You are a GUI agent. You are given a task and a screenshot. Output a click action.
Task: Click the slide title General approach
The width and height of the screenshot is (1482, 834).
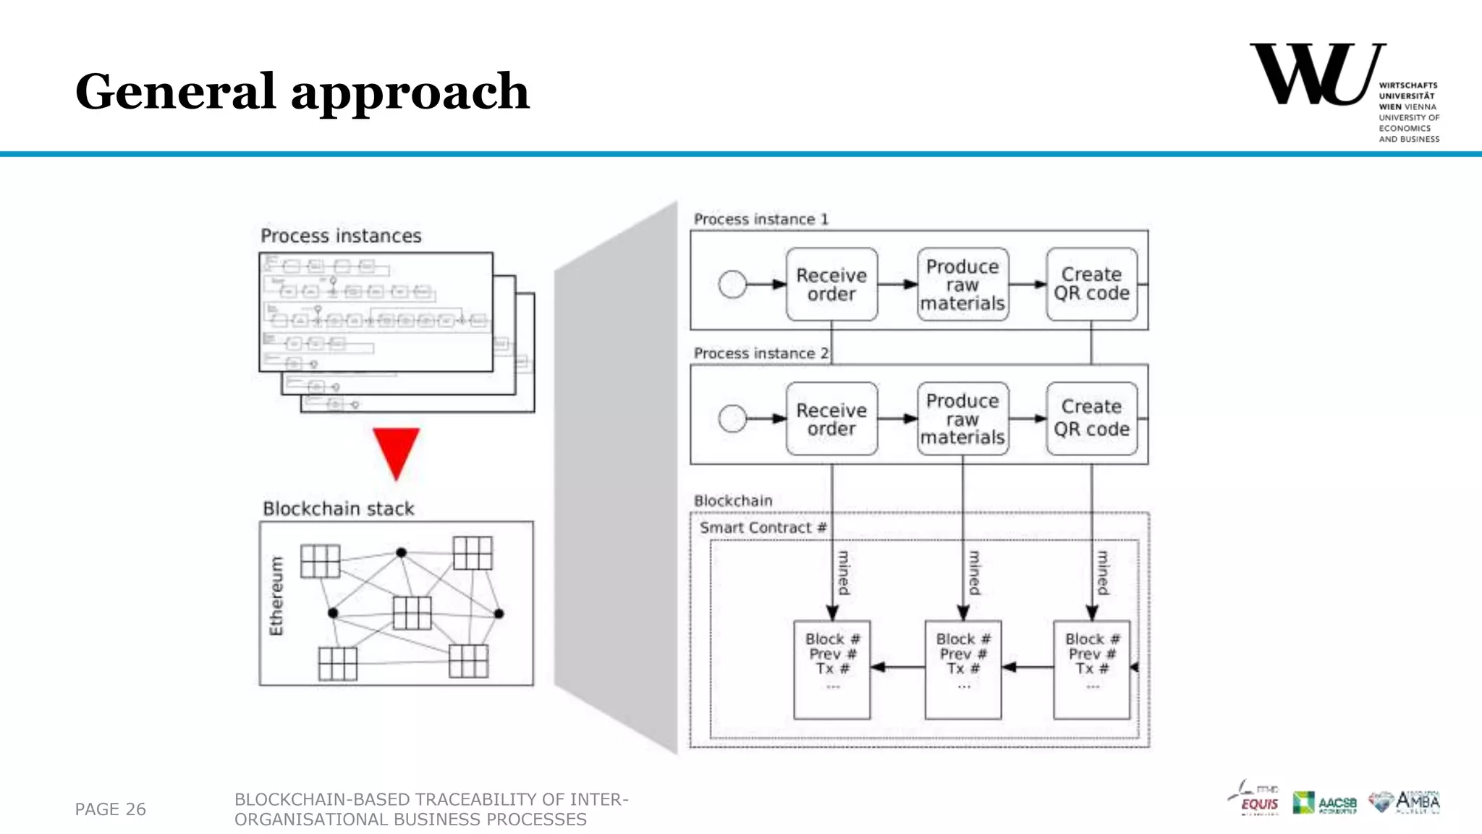pyautogui.click(x=302, y=92)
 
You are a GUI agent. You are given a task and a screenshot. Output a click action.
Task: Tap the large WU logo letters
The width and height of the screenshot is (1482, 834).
pyautogui.click(x=1316, y=75)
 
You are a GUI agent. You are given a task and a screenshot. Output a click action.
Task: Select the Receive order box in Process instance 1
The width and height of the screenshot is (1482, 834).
pyautogui.click(x=831, y=285)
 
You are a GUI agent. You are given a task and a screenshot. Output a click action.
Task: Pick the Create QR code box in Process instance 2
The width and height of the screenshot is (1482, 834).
pyautogui.click(x=1091, y=418)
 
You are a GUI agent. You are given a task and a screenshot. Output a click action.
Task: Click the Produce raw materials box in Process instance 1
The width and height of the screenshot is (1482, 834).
pyautogui.click(x=962, y=285)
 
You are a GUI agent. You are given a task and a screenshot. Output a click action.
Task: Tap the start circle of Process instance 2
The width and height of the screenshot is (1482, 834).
pyautogui.click(x=732, y=418)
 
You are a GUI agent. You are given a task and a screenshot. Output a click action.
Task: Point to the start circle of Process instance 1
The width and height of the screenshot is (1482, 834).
pyautogui.click(x=732, y=285)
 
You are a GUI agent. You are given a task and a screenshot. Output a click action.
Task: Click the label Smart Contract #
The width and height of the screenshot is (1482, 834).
pyautogui.click(x=763, y=528)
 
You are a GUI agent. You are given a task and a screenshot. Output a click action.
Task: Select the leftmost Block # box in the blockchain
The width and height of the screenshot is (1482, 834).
pyautogui.click(x=831, y=669)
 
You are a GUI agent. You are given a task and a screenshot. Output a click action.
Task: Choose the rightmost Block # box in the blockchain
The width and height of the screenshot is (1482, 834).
pyautogui.click(x=1091, y=669)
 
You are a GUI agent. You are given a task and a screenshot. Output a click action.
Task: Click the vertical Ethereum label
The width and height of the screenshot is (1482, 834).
pyautogui.click(x=276, y=596)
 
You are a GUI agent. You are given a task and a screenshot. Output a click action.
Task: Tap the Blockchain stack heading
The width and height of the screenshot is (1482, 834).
pyautogui.click(x=338, y=509)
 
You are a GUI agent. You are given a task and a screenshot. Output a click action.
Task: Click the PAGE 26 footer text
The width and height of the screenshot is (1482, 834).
pyautogui.click(x=110, y=809)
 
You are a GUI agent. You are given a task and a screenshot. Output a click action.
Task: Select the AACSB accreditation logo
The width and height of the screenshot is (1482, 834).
pyautogui.click(x=1324, y=803)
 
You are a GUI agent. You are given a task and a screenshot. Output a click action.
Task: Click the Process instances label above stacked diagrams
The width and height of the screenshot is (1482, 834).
pyautogui.click(x=341, y=236)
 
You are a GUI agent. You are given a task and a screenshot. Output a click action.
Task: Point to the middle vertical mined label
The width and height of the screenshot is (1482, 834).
pyautogui.click(x=975, y=573)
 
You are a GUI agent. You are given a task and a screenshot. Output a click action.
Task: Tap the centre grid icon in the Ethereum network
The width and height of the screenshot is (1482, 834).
pyautogui.click(x=412, y=613)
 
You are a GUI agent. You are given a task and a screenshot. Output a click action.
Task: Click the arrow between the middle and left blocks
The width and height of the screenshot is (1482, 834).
pyautogui.click(x=897, y=667)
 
